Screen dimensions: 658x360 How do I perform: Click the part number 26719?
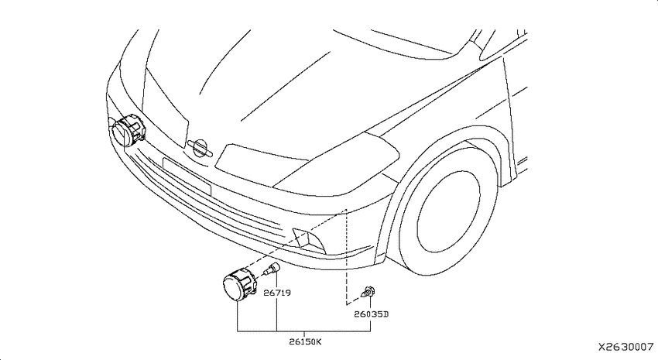(277, 293)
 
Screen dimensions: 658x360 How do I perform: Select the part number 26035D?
(372, 314)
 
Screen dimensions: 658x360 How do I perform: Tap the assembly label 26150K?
(305, 341)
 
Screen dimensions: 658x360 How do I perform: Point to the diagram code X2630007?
(625, 347)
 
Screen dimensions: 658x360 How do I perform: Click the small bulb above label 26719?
(272, 269)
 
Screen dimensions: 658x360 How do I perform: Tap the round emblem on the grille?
(200, 149)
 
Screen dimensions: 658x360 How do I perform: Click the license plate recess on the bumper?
(187, 177)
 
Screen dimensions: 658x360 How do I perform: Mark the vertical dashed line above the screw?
(346, 256)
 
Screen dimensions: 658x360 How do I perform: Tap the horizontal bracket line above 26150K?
(303, 331)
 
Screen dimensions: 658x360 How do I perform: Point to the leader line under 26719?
(276, 314)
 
